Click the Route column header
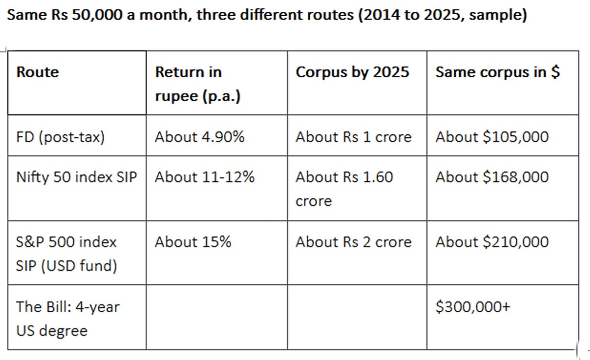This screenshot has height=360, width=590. pos(38,72)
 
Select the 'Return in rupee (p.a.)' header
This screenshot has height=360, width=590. pos(198,84)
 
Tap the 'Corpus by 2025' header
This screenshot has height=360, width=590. pos(353,72)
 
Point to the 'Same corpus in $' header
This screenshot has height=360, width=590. pos(498,72)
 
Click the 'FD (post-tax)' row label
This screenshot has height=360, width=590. pos(60,137)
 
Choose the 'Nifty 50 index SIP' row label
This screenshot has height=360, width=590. pos(77,177)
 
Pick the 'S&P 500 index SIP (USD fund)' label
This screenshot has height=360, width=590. pos(66,254)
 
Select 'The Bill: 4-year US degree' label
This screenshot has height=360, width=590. pos(68,319)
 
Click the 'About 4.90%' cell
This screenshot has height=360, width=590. pos(200,137)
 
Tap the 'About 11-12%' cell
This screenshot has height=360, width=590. pos(205,177)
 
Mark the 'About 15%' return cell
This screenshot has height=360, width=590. pos(193,242)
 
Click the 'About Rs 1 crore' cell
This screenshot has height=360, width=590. pos(354,137)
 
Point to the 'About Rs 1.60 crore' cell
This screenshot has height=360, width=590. pos(344,189)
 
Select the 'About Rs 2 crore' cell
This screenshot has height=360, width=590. pos(354,242)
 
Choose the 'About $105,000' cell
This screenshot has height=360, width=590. pos(492,137)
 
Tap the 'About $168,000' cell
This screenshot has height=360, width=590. pos(492,177)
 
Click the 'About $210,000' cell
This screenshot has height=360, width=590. pos(492,242)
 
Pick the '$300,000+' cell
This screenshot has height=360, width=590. pos(473,307)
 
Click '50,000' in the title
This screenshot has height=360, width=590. pos(97,15)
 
